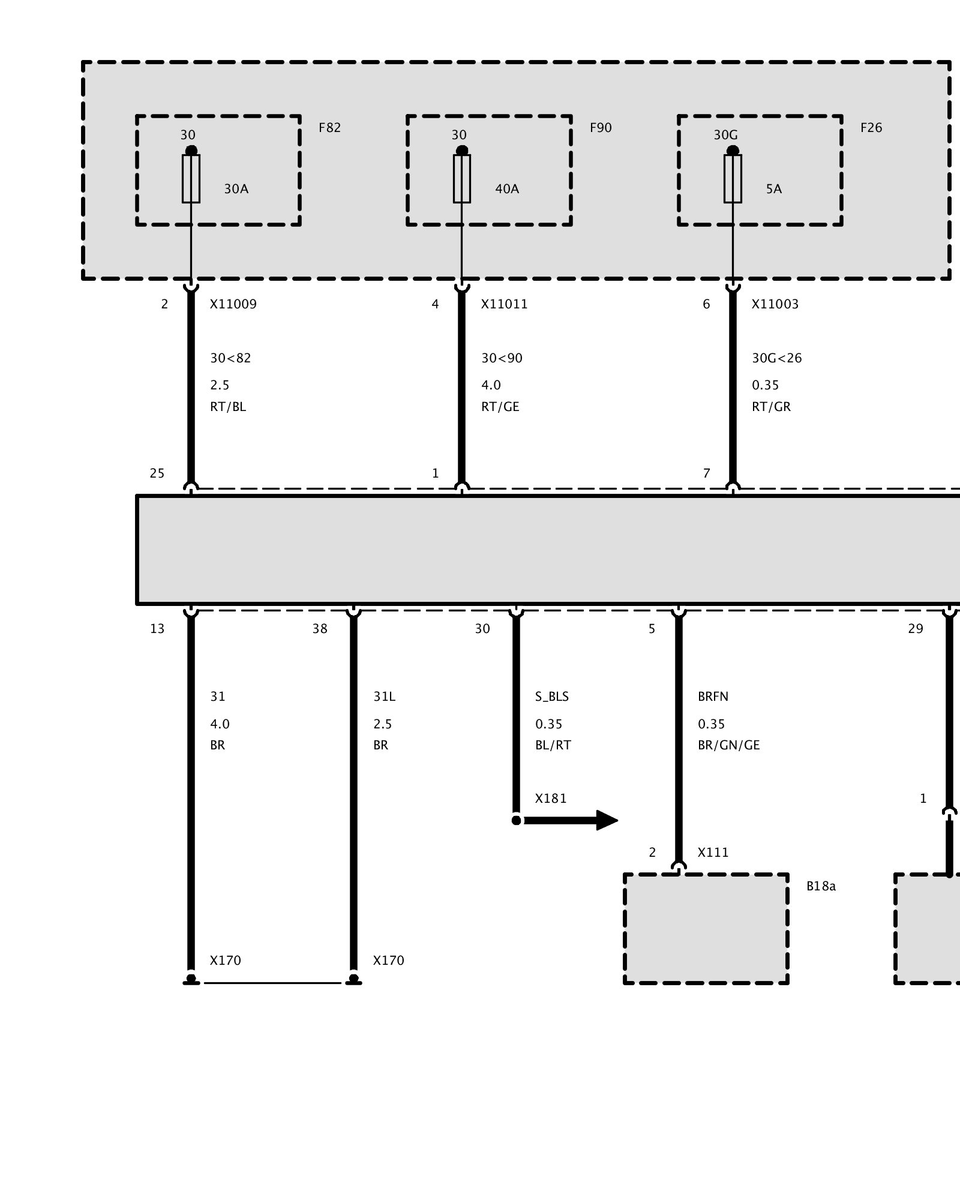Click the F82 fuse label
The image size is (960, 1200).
(329, 128)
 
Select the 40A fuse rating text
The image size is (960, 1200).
(507, 189)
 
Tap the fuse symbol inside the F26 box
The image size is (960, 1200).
(733, 179)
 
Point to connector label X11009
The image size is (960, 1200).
(233, 304)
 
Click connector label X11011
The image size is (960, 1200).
(505, 304)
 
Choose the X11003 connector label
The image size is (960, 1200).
(775, 304)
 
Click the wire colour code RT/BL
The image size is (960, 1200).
(228, 407)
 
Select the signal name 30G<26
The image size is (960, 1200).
(777, 358)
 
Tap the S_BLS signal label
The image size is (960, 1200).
(552, 697)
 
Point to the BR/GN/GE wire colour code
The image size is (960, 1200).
(729, 745)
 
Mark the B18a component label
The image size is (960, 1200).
(821, 886)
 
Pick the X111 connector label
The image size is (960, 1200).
(713, 853)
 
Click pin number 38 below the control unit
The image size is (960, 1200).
(320, 629)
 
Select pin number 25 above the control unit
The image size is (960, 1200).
(157, 473)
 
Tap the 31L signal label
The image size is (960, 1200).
(384, 697)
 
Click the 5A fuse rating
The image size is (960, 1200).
(774, 189)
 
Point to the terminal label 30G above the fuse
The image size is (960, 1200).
(725, 135)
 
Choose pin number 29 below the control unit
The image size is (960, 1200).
(916, 629)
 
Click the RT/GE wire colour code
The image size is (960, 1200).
(500, 407)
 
